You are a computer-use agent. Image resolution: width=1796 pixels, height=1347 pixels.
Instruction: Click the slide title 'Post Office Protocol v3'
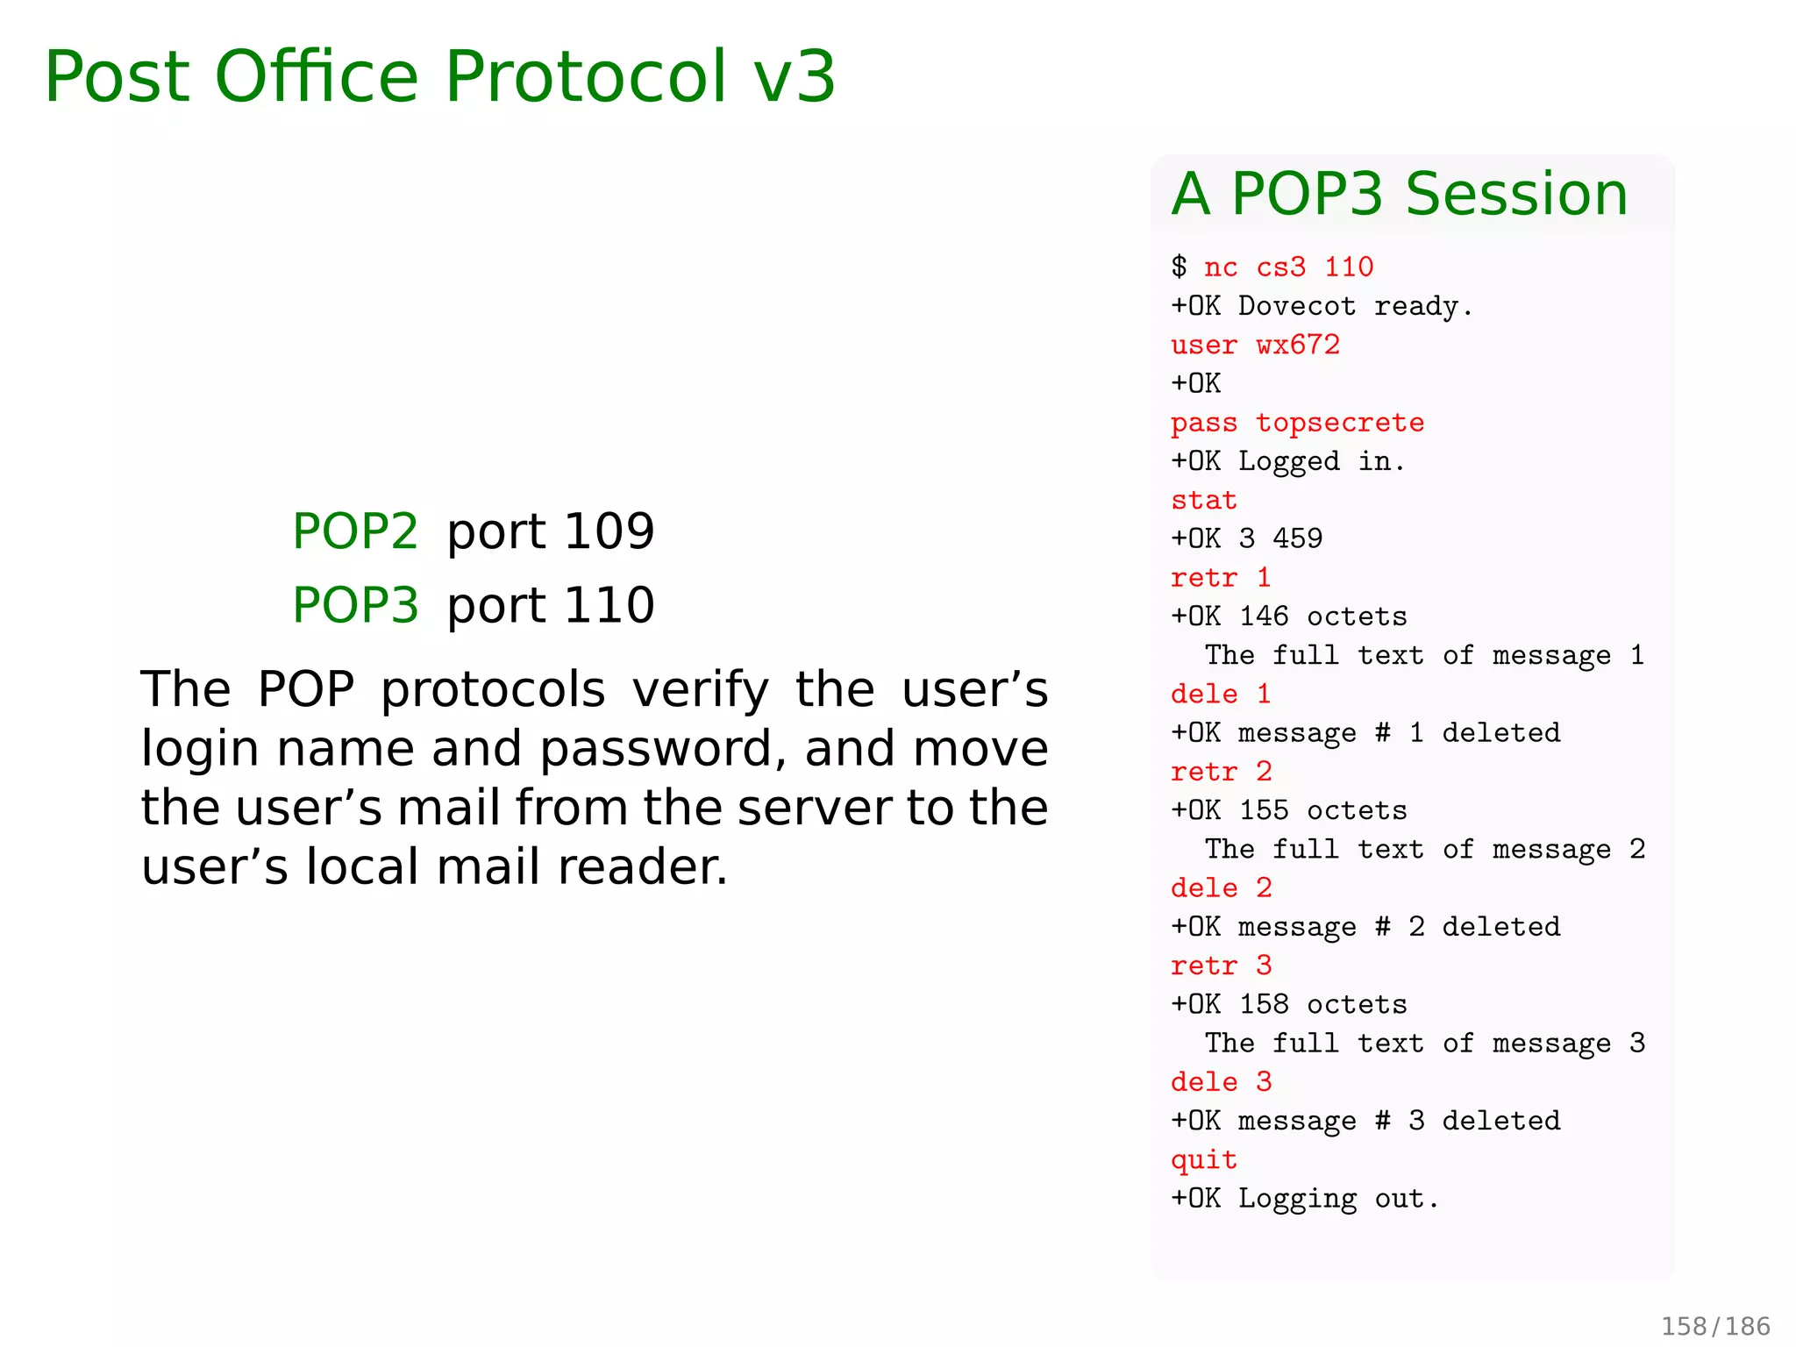(x=439, y=77)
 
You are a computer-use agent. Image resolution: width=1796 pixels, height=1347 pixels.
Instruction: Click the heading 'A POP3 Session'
(x=1400, y=194)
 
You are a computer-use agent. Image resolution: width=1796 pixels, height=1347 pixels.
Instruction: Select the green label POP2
(x=355, y=531)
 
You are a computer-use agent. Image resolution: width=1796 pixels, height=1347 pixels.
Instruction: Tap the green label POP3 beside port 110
(x=355, y=605)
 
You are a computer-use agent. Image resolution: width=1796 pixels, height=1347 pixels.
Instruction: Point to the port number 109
(x=609, y=531)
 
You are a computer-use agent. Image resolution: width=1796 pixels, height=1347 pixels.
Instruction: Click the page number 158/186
(x=1714, y=1325)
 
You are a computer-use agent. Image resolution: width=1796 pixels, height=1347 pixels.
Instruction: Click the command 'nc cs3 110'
(x=1288, y=267)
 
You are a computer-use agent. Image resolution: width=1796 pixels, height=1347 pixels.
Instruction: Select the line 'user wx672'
(x=1255, y=345)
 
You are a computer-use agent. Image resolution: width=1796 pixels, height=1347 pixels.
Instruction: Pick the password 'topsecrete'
(x=1340, y=423)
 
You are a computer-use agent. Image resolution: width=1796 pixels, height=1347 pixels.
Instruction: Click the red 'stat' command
(x=1203, y=500)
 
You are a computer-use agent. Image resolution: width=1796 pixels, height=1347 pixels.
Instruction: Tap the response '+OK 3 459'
(x=1246, y=538)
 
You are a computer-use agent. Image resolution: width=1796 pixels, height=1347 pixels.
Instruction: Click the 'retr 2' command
(x=1221, y=772)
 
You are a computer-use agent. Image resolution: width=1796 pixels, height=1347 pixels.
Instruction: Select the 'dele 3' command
(x=1221, y=1082)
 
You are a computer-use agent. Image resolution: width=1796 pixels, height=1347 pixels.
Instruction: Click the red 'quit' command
(x=1203, y=1159)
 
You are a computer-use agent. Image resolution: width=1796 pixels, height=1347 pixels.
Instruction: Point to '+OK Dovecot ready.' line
(x=1322, y=306)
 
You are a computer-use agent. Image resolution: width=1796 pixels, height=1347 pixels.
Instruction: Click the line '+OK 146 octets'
(x=1288, y=616)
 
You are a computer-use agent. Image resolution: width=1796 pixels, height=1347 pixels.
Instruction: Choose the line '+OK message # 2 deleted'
(x=1365, y=927)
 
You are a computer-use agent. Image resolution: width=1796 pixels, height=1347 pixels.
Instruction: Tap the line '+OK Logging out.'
(x=1305, y=1199)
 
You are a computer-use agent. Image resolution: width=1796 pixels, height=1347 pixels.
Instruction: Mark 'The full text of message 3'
(x=1424, y=1044)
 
